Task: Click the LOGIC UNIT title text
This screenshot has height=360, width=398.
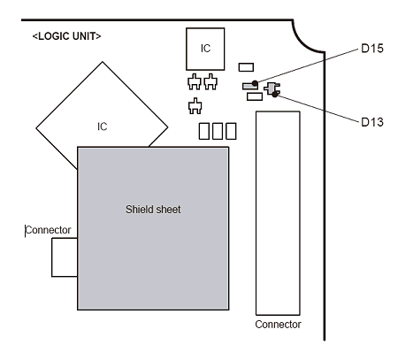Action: (x=66, y=36)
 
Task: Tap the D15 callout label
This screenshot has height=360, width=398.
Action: (x=372, y=50)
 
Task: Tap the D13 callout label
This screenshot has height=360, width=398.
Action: (x=372, y=121)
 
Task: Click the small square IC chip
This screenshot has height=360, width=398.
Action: (x=204, y=49)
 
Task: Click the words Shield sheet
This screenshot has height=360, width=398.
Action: (x=153, y=209)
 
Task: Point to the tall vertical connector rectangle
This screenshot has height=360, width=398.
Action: (x=278, y=213)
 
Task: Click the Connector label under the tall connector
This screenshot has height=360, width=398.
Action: (x=278, y=325)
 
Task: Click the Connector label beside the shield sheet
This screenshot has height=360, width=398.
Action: (x=48, y=230)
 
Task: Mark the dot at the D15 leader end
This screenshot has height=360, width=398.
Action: (x=256, y=84)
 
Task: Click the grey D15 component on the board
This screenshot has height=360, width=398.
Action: (x=249, y=86)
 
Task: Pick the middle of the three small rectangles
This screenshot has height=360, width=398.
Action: (x=218, y=132)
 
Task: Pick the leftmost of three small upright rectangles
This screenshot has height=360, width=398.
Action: (x=203, y=132)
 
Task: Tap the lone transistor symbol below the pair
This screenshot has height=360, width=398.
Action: (x=195, y=108)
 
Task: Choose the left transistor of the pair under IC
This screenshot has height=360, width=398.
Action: (x=195, y=84)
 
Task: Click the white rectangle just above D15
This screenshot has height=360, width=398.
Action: (x=247, y=66)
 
